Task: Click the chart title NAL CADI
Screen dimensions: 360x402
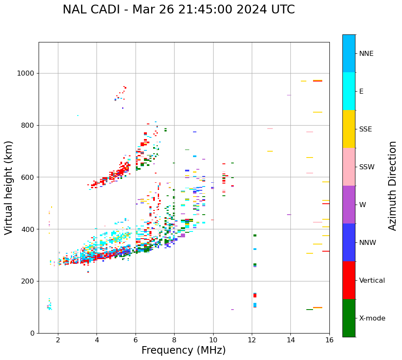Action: click(x=178, y=10)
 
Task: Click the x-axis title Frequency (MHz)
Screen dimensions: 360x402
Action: click(x=183, y=350)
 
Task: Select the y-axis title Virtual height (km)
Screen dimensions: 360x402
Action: click(x=9, y=187)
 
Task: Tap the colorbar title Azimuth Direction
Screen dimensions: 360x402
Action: click(x=392, y=186)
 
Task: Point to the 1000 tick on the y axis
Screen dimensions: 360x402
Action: click(x=28, y=73)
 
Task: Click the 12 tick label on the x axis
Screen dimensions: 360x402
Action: click(x=252, y=340)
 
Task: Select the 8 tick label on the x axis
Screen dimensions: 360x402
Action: click(x=174, y=340)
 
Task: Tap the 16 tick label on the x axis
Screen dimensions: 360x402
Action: click(x=329, y=340)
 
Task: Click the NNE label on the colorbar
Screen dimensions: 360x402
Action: click(x=366, y=54)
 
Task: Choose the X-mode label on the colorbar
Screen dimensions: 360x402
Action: click(x=372, y=318)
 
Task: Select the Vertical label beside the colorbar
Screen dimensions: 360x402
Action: click(x=372, y=281)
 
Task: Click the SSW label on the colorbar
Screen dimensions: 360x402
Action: click(x=367, y=167)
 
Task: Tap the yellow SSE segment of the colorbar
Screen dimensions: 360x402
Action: click(x=349, y=129)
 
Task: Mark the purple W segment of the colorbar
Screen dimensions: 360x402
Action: click(x=349, y=205)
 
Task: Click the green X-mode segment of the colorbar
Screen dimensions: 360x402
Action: click(x=349, y=318)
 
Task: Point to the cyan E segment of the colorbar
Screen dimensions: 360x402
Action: click(x=349, y=91)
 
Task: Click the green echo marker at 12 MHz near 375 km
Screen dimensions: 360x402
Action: click(x=255, y=236)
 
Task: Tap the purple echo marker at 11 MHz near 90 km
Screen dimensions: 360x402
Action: click(x=232, y=310)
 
